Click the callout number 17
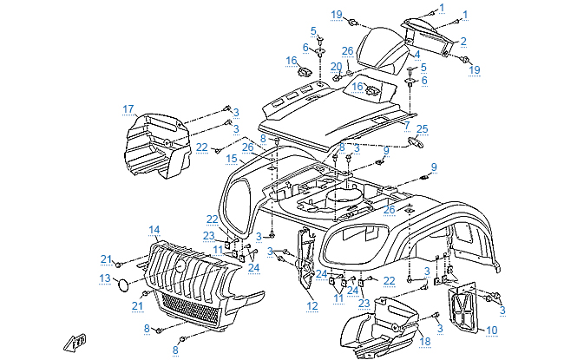tap(128, 109)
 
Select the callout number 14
tap(154, 230)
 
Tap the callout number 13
tap(104, 278)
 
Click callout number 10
tap(491, 330)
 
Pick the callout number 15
tap(232, 159)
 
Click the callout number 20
tap(336, 67)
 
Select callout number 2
tap(463, 41)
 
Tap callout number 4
tap(416, 55)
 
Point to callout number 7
tap(407, 126)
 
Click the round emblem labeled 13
tap(124, 283)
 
